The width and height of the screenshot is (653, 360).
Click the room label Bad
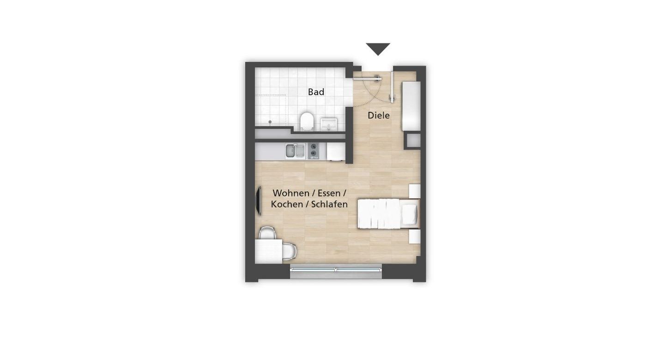[316, 92]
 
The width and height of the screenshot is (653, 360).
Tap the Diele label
[379, 116]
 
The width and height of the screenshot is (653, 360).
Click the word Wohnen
[291, 193]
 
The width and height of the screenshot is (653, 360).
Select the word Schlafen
[329, 204]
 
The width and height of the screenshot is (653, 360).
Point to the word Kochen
[287, 204]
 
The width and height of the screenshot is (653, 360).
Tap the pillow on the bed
[409, 214]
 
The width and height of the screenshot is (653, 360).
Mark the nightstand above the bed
[415, 191]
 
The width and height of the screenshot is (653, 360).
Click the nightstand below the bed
[415, 237]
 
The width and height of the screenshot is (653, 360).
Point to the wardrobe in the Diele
[411, 106]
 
